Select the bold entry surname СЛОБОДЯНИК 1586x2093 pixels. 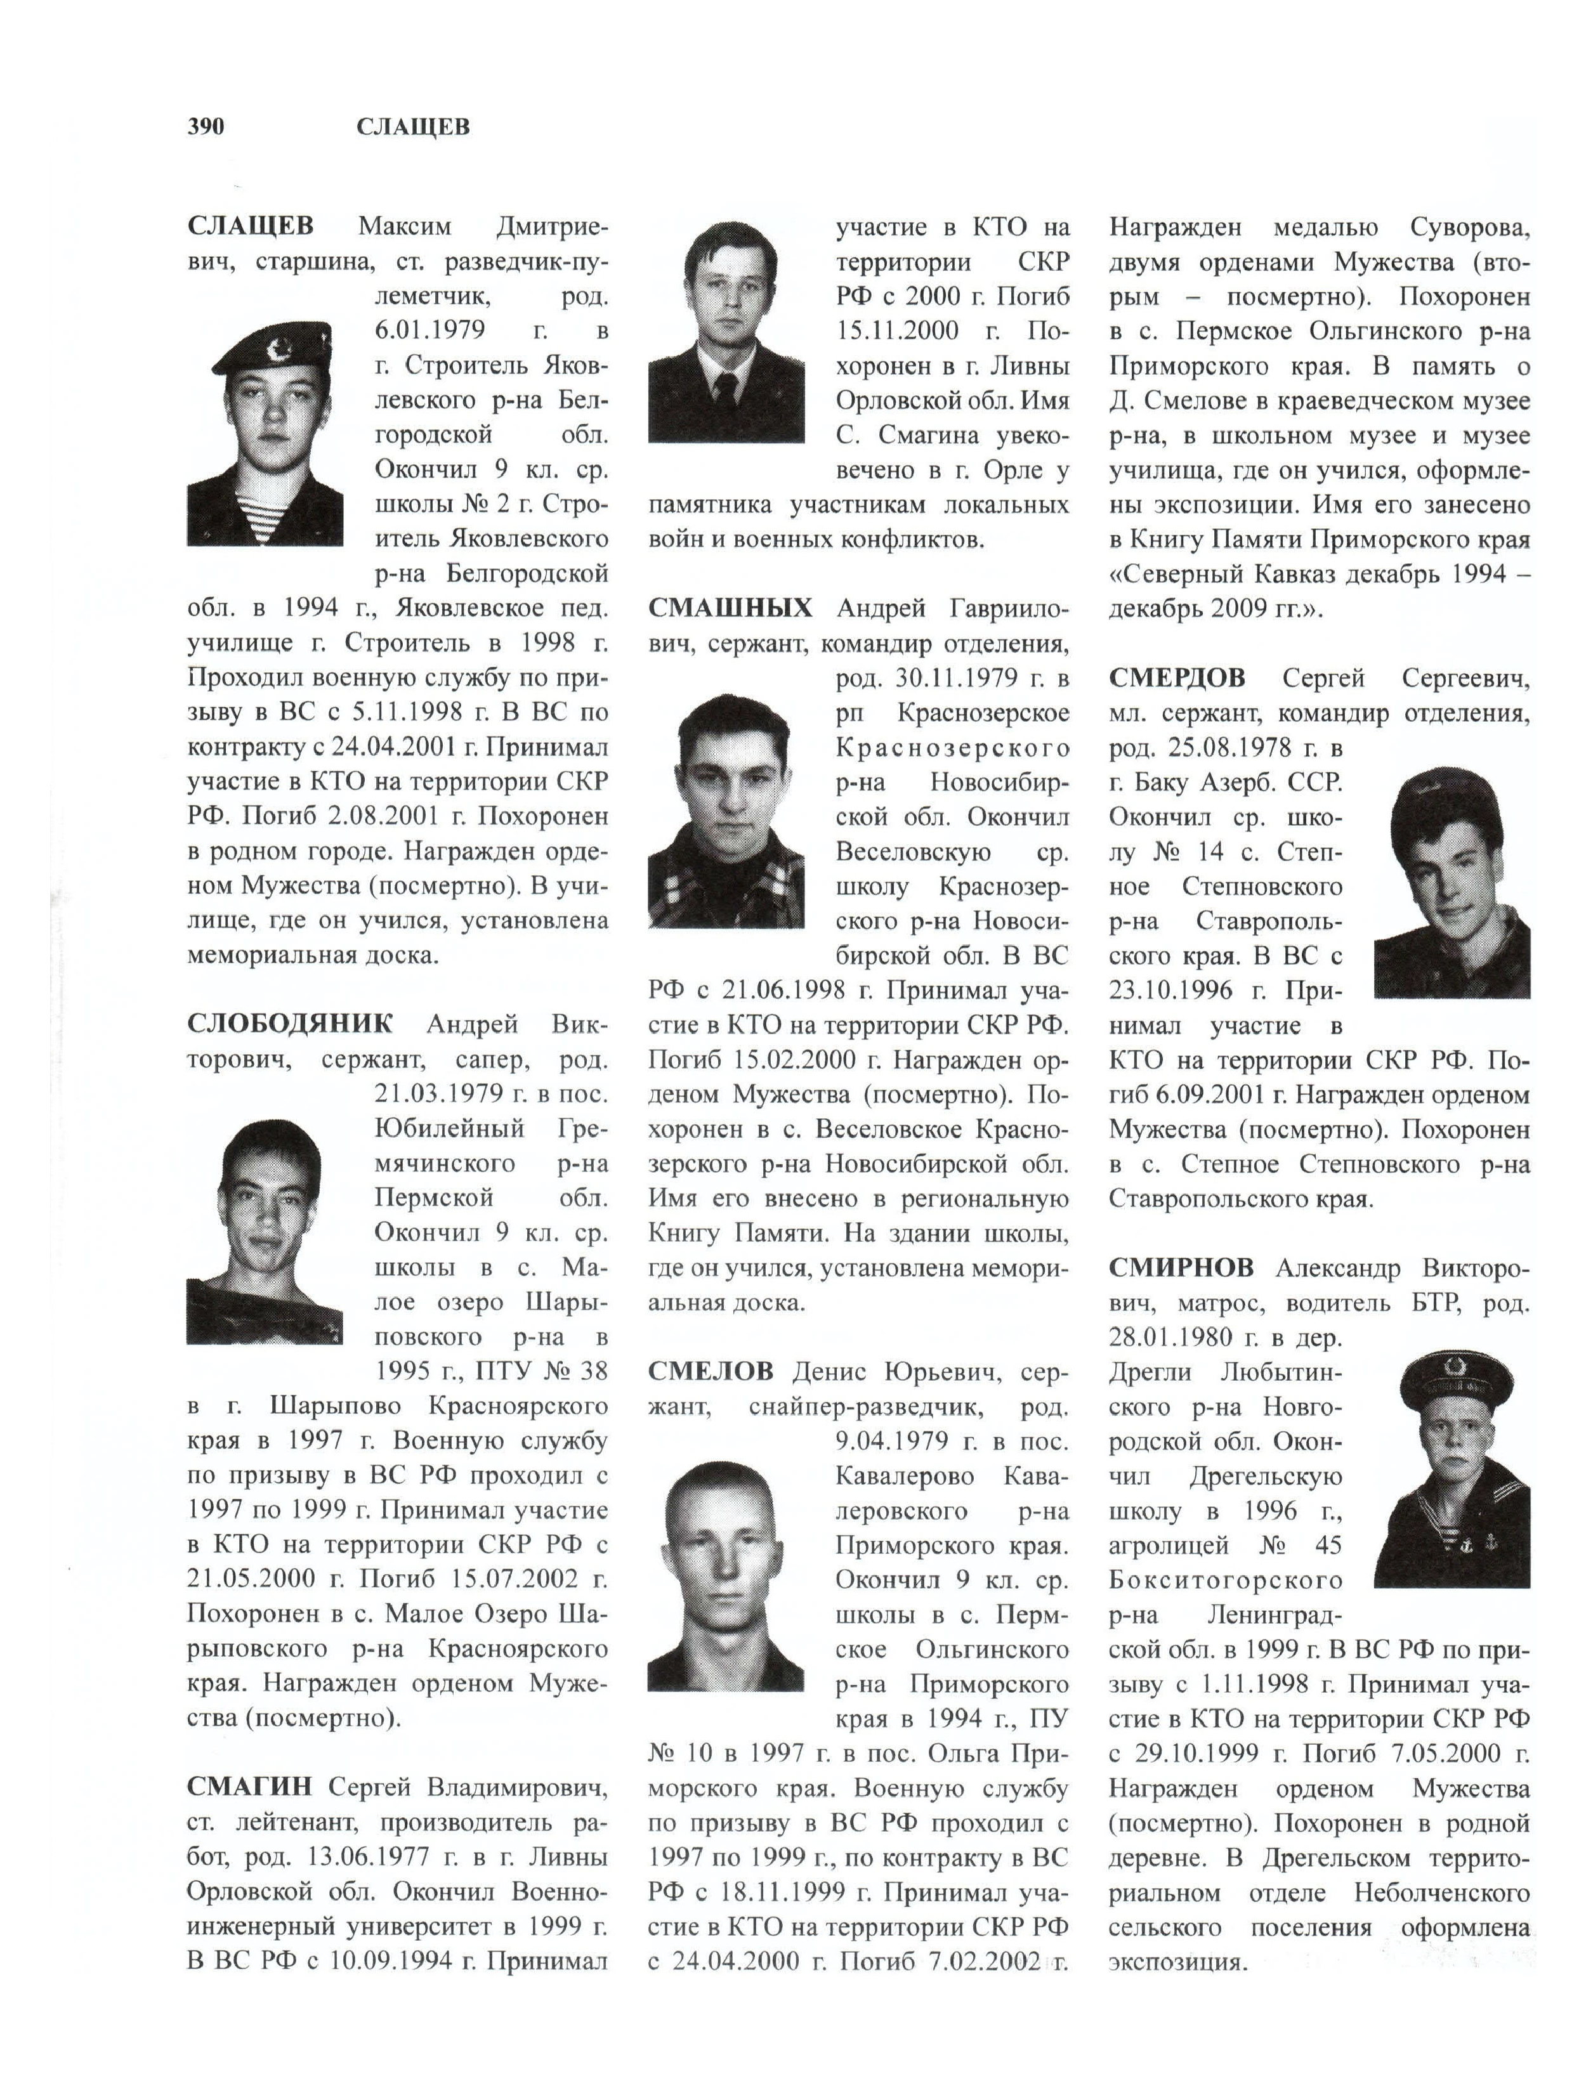[289, 1024]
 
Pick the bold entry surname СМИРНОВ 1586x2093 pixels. [1181, 1268]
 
